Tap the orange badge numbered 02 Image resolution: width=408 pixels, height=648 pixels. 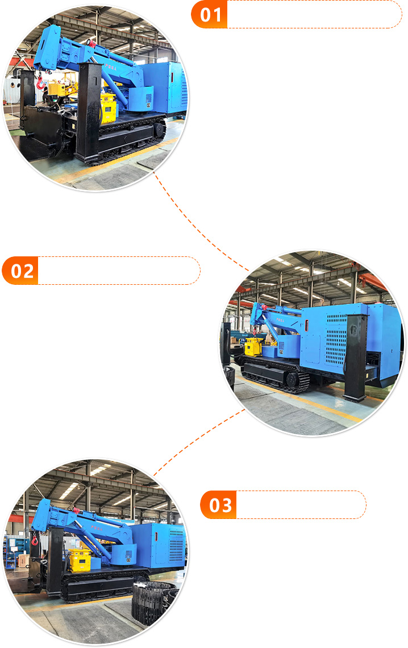point(20,271)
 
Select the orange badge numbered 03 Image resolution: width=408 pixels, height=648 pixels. point(219,505)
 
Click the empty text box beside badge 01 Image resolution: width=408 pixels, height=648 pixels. point(314,14)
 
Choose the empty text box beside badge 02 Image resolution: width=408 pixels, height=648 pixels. point(118,271)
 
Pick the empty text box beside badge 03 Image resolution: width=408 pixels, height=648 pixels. point(301,505)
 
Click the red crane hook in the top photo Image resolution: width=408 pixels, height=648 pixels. point(40,85)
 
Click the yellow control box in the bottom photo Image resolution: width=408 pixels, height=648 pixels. point(79,559)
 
